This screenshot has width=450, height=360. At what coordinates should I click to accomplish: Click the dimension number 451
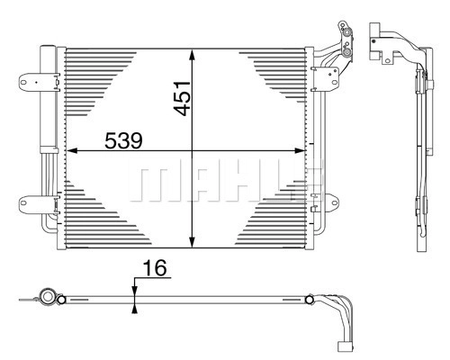click(x=182, y=98)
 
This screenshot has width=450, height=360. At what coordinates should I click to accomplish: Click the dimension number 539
click(x=123, y=140)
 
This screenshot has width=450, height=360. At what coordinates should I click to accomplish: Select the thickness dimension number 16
click(x=155, y=268)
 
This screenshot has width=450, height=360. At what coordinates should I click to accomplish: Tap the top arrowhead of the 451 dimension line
click(x=193, y=56)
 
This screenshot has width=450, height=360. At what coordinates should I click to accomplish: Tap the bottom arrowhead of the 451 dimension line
click(x=193, y=241)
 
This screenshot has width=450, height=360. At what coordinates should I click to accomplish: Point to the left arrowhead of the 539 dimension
click(x=73, y=150)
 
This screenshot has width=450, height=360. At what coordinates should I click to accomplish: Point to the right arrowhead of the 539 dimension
click(x=299, y=150)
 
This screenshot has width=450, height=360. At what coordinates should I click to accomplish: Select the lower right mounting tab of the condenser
click(x=330, y=202)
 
